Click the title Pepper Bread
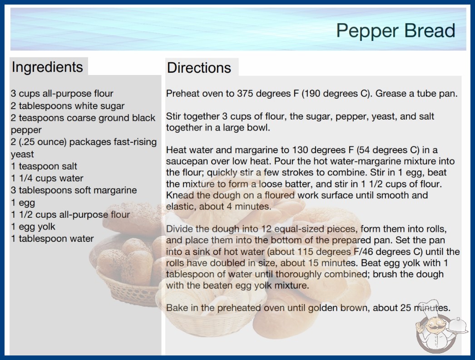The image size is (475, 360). (396, 31)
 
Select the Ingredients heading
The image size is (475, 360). (47, 67)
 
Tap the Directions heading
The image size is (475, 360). (199, 68)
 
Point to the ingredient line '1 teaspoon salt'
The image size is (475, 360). (44, 166)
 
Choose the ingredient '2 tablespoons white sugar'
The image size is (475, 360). (68, 106)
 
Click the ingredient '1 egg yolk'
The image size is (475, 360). (33, 226)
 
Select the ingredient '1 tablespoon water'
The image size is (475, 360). (52, 239)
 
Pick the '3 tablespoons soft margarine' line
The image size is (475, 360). (74, 190)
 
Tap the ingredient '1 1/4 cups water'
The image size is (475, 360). (47, 178)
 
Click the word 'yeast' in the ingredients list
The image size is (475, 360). (22, 155)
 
